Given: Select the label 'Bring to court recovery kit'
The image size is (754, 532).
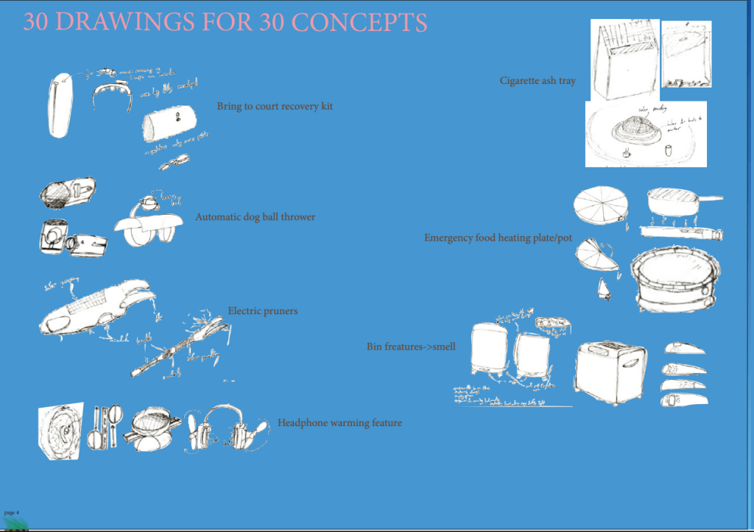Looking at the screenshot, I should pyautogui.click(x=275, y=107).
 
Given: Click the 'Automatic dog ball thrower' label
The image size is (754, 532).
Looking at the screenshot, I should pyautogui.click(x=255, y=217).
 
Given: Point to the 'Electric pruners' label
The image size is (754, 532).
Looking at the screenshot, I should pyautogui.click(x=263, y=311).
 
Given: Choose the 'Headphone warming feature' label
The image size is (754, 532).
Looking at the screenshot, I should pyautogui.click(x=339, y=423).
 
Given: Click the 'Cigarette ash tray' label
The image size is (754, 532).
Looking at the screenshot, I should pyautogui.click(x=538, y=81).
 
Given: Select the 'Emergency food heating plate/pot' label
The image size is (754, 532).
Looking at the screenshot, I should pyautogui.click(x=498, y=238).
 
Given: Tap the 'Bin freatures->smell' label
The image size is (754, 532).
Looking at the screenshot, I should pyautogui.click(x=411, y=346).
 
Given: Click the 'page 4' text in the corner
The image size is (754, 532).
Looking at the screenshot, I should pyautogui.click(x=11, y=511).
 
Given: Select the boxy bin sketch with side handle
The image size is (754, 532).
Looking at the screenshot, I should pyautogui.click(x=610, y=372).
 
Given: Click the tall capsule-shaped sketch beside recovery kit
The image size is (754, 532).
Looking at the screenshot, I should pyautogui.click(x=60, y=104).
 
